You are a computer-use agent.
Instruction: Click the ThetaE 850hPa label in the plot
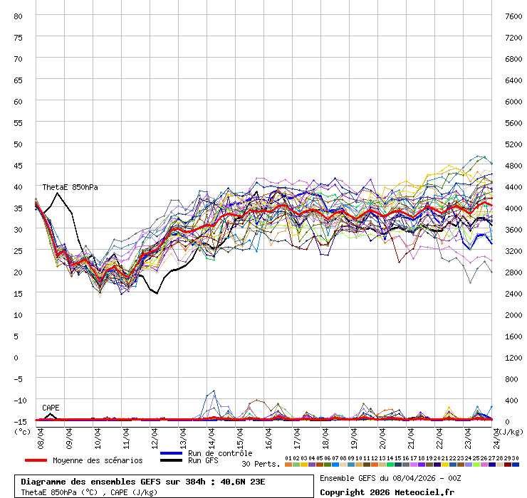click(70, 187)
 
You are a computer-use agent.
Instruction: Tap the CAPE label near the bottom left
click(51, 408)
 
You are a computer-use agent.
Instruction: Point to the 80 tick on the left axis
click(19, 16)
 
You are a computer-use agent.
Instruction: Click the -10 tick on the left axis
click(19, 400)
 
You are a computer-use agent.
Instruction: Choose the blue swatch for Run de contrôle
click(172, 453)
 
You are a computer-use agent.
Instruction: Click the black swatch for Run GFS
click(172, 460)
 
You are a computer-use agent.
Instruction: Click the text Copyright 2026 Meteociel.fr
click(387, 492)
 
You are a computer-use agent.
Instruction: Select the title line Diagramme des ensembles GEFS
click(143, 482)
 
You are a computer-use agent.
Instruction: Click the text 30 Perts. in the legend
click(261, 464)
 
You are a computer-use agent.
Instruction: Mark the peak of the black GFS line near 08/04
click(58, 193)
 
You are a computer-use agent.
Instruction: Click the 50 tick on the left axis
click(19, 144)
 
